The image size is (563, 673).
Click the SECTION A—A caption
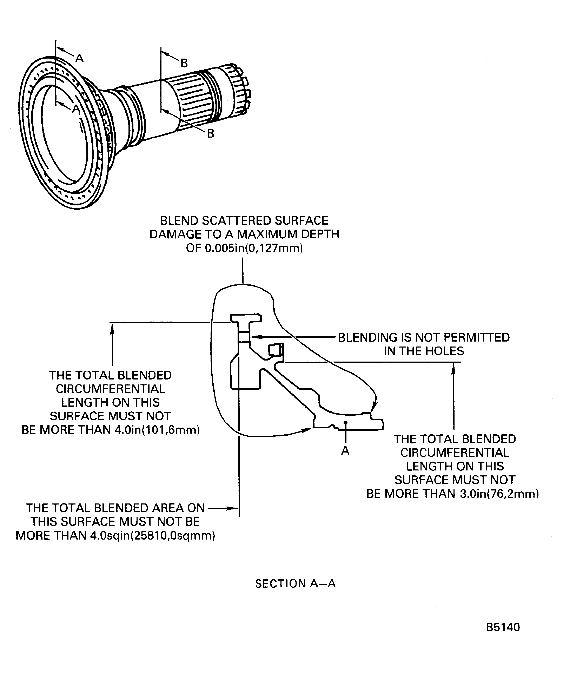295,583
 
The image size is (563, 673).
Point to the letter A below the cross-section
345,451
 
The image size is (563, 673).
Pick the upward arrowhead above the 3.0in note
453,368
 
